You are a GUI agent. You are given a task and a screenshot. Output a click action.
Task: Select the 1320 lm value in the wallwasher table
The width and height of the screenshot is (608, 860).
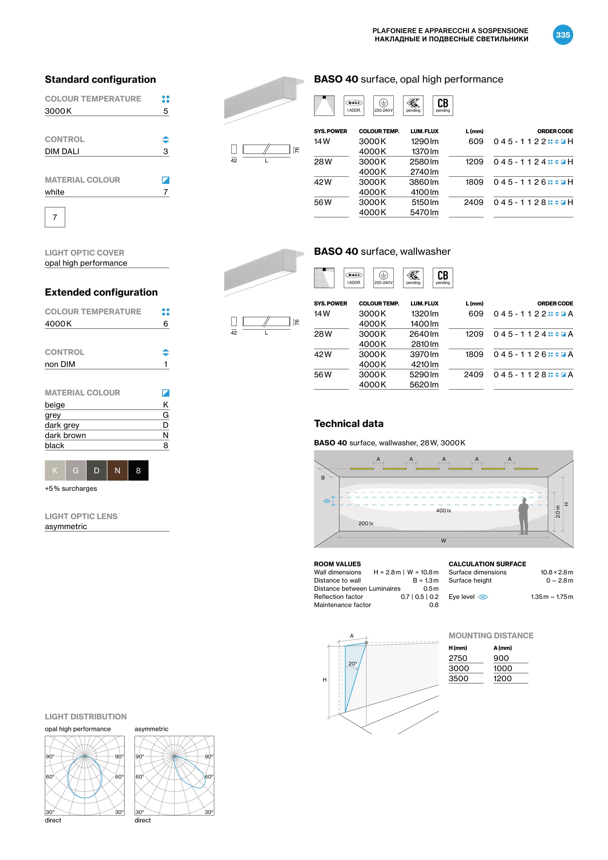click(x=424, y=314)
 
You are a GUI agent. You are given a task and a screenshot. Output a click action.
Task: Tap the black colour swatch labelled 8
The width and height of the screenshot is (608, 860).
click(x=138, y=470)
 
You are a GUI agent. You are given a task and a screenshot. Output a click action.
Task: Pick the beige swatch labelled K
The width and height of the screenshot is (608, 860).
click(x=55, y=470)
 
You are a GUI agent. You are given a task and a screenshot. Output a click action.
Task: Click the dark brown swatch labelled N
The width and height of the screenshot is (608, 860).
click(x=117, y=470)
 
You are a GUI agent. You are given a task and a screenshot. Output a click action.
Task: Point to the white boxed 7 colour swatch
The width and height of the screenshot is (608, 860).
click(x=55, y=217)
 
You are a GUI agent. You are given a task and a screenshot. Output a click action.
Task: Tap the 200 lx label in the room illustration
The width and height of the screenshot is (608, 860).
click(x=366, y=523)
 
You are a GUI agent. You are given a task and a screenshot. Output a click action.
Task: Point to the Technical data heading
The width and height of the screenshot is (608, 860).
click(x=348, y=424)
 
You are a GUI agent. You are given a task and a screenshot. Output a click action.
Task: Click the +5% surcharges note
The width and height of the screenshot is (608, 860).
click(x=71, y=488)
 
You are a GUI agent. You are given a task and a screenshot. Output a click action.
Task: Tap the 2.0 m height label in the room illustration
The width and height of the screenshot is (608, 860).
click(x=558, y=512)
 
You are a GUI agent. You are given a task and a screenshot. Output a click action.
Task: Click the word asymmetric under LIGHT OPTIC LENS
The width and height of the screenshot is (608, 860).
click(x=66, y=527)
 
